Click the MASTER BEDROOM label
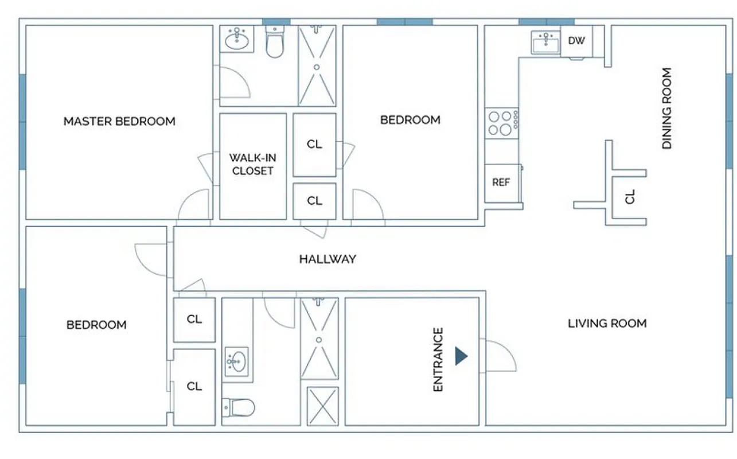click(x=119, y=121)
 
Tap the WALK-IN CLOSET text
click(x=252, y=164)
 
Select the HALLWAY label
click(x=327, y=259)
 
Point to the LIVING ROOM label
click(x=607, y=324)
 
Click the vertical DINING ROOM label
click(x=666, y=109)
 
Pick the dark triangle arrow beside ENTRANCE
click(x=461, y=356)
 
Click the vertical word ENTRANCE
click(x=438, y=360)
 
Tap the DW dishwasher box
click(x=576, y=41)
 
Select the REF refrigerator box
click(x=501, y=182)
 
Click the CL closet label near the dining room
click(x=630, y=198)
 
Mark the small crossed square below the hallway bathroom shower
click(x=322, y=406)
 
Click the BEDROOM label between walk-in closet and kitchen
click(x=410, y=120)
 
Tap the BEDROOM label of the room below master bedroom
click(x=96, y=325)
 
